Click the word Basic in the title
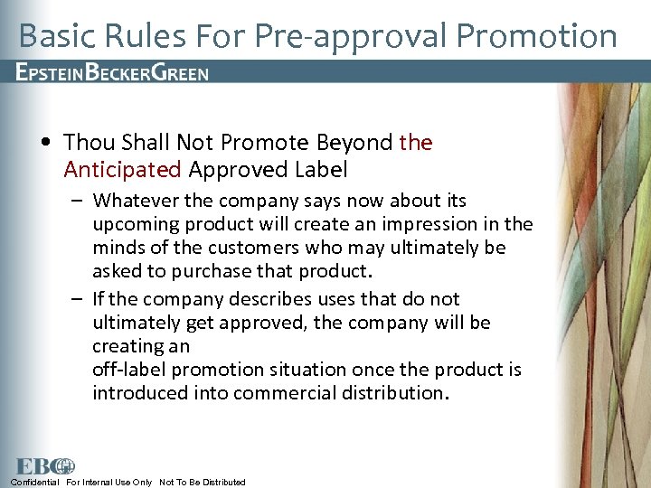pos(54,36)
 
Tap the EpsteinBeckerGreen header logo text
pos(113,73)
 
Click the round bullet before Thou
pos(45,143)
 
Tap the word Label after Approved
pos(321,169)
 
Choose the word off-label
pos(129,369)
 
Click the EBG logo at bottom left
pos(43,466)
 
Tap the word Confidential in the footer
pos(34,483)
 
